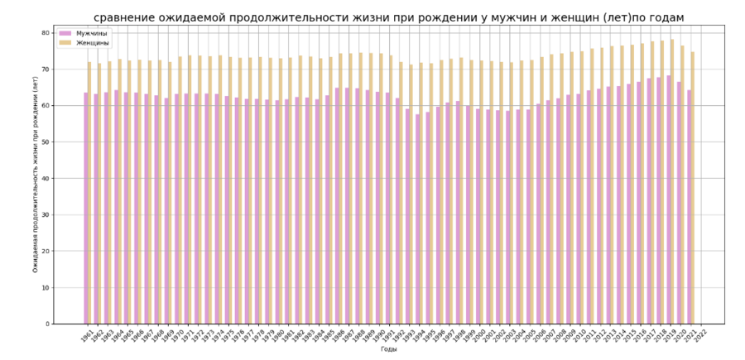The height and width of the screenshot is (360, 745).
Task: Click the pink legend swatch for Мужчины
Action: pos(65,32)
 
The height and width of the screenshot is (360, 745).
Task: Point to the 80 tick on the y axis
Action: pos(46,33)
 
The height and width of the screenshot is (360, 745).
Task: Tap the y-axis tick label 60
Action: pos(46,106)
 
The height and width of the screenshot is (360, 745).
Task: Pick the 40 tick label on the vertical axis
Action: pos(46,179)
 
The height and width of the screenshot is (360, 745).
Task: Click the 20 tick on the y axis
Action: pos(46,252)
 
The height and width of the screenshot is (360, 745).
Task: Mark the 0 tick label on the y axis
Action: pos(48,324)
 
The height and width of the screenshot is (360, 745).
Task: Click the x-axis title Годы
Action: pos(389,350)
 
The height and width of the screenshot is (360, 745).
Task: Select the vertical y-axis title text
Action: pos(35,178)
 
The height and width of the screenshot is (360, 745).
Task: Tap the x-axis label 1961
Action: pos(86,334)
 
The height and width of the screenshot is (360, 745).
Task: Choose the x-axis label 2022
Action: pos(701,334)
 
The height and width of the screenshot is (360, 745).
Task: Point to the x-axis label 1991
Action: pos(388,334)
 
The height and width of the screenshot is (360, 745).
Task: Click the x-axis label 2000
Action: pos(479,334)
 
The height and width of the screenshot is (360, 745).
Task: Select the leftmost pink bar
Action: pos(86,207)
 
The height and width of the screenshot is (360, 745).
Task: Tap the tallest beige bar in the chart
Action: pos(672,182)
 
